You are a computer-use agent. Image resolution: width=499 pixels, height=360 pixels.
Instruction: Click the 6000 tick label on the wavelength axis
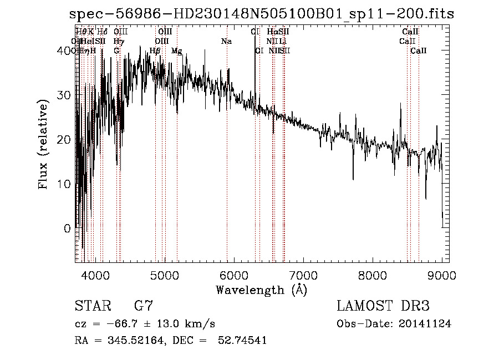coord(233,276)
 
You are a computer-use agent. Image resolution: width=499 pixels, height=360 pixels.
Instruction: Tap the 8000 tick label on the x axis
coord(372,276)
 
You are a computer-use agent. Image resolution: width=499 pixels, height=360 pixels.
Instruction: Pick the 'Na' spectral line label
coord(226,42)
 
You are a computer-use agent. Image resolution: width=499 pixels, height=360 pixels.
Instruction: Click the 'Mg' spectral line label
coord(177,51)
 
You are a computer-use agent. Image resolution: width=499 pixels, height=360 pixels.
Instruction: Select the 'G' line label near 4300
coord(116,51)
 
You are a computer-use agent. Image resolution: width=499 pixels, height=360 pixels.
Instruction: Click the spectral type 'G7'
coord(144,306)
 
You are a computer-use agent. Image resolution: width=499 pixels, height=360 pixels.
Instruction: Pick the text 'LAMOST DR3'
coord(383,306)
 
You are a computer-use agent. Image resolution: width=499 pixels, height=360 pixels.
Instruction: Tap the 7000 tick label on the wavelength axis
coord(303,276)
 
